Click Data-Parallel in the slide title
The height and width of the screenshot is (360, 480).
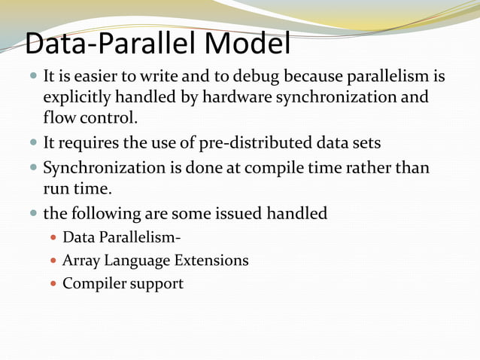click(105, 45)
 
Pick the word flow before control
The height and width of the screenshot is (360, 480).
click(59, 118)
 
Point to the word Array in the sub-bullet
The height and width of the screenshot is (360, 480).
click(81, 261)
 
